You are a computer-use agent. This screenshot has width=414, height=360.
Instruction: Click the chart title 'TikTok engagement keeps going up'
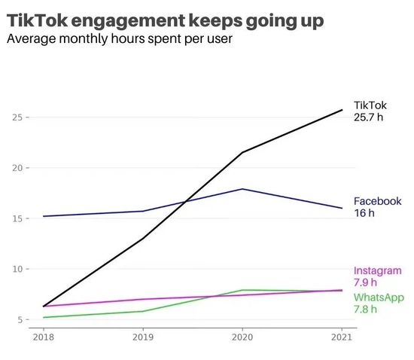pyautogui.click(x=166, y=20)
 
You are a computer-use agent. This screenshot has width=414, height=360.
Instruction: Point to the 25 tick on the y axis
pyautogui.click(x=17, y=117)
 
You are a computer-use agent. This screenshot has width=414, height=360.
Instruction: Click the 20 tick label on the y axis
pyautogui.click(x=17, y=168)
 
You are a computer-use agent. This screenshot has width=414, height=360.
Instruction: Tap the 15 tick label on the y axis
pyautogui.click(x=17, y=218)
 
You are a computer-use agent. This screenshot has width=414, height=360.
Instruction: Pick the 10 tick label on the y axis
pyautogui.click(x=17, y=269)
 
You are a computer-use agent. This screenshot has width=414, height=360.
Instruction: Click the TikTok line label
pyautogui.click(x=370, y=106)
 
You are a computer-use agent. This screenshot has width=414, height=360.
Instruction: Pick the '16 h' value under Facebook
pyautogui.click(x=364, y=213)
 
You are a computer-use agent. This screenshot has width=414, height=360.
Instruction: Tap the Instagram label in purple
pyautogui.click(x=378, y=271)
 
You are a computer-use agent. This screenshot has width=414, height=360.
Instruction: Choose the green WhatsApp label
pyautogui.click(x=379, y=297)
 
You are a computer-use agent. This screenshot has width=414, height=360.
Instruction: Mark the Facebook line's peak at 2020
pyautogui.click(x=242, y=189)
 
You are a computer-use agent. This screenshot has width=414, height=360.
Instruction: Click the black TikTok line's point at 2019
pyautogui.click(x=143, y=239)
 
